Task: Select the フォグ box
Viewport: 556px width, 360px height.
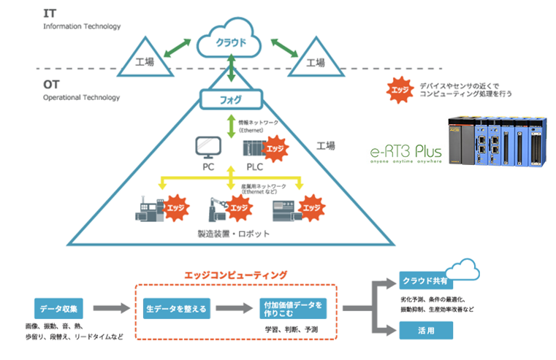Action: pyautogui.click(x=231, y=98)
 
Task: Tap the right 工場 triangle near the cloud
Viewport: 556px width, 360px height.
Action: pyautogui.click(x=315, y=62)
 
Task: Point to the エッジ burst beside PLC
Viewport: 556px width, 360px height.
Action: pyautogui.click(x=275, y=149)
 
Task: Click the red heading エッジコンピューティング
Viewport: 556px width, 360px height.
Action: pyautogui.click(x=236, y=275)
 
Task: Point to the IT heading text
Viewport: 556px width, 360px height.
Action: pyautogui.click(x=50, y=14)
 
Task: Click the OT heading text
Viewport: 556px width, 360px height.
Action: pyautogui.click(x=52, y=84)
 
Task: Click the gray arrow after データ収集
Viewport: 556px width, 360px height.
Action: pyautogui.click(x=108, y=308)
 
